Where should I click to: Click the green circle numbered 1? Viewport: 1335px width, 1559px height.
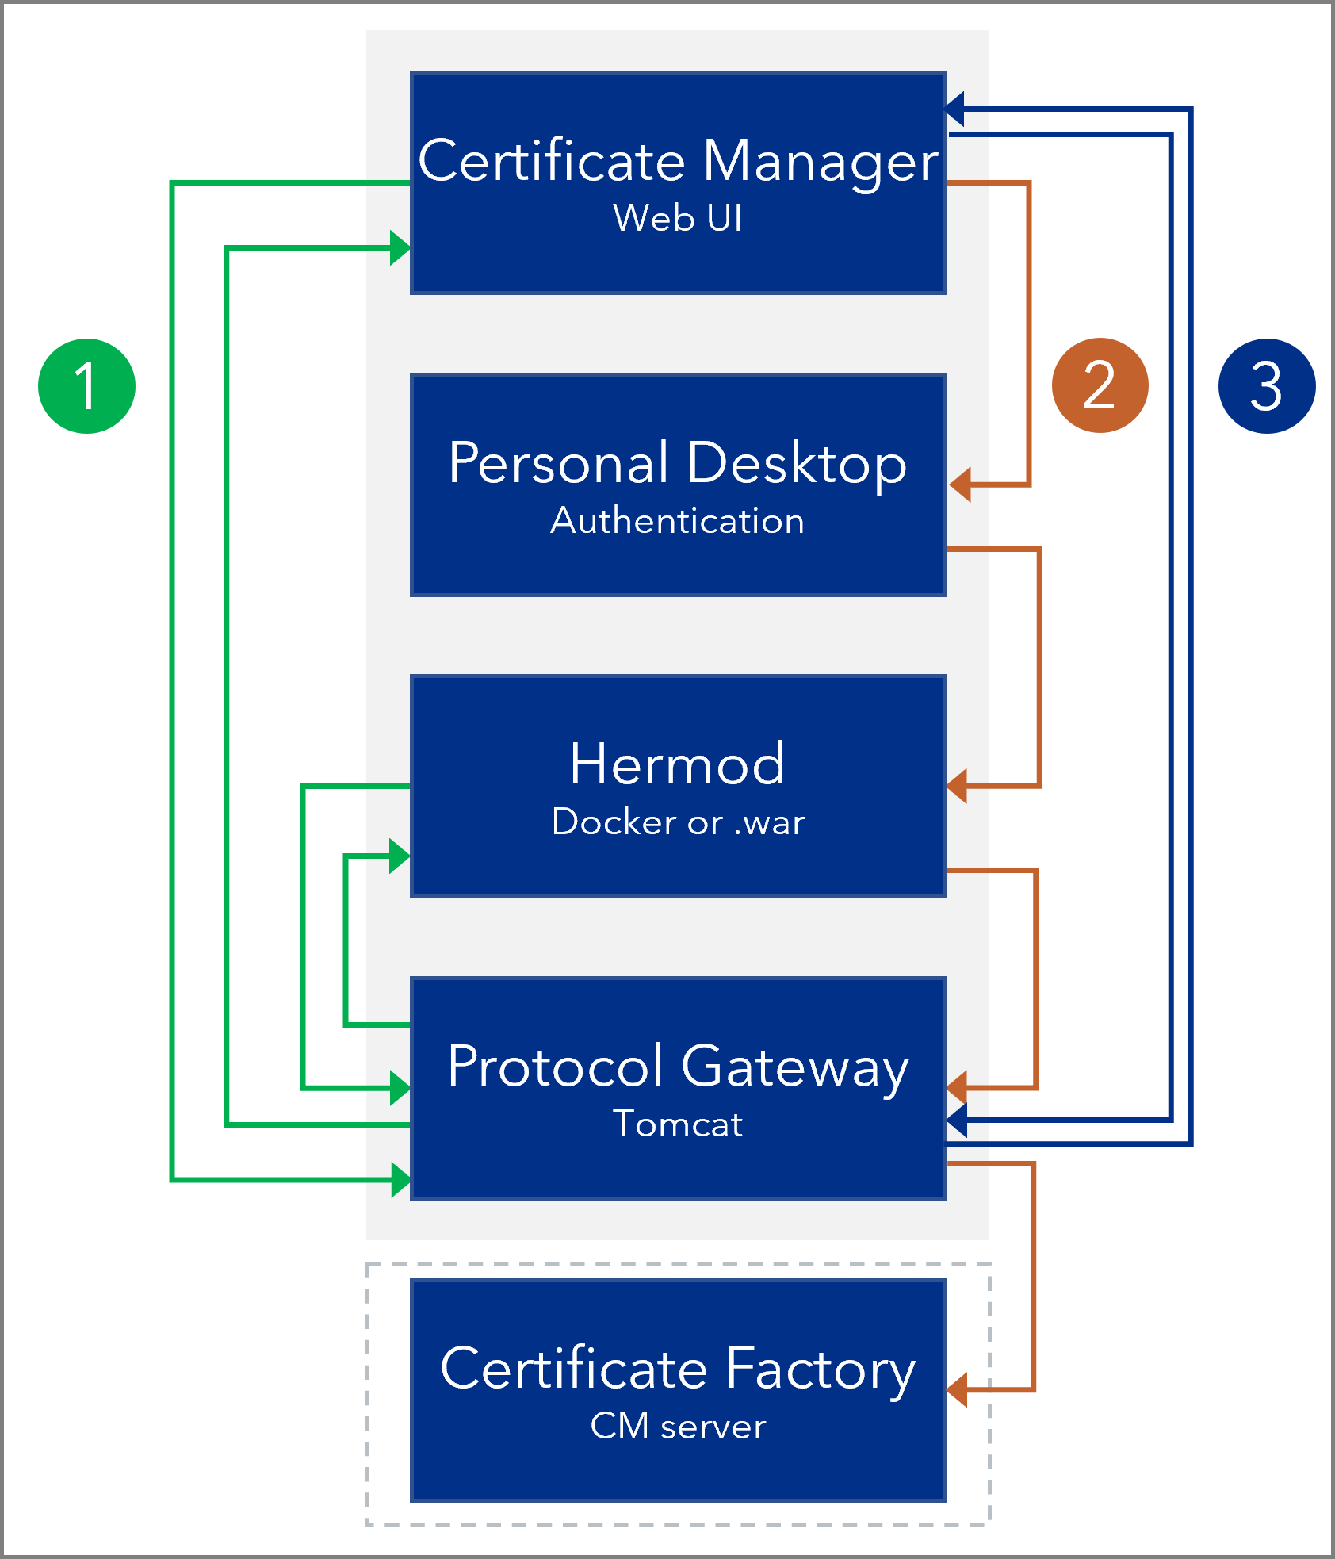coord(86,386)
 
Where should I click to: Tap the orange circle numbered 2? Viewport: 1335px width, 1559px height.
coord(1100,385)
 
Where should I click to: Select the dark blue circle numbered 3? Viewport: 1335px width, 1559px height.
coord(1266,386)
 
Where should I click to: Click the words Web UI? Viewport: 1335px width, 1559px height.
coord(678,218)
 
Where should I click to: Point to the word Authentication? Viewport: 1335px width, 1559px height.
coord(678,521)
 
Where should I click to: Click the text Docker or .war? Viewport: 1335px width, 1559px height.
coord(678,822)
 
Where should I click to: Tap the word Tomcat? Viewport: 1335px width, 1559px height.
coord(678,1124)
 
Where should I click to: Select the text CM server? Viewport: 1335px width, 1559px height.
coord(678,1427)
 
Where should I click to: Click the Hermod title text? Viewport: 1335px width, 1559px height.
coord(678,764)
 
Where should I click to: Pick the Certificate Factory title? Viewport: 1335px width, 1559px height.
coord(678,1369)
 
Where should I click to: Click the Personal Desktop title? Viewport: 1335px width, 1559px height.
coord(678,463)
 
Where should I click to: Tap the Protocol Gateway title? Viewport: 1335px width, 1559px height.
coord(678,1067)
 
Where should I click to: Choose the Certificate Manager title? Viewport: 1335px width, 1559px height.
coord(678,161)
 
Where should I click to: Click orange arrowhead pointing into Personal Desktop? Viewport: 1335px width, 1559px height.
coord(960,484)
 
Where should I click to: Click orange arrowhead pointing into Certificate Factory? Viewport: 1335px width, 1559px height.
coord(958,1390)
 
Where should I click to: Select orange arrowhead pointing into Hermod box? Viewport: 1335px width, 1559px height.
coord(958,786)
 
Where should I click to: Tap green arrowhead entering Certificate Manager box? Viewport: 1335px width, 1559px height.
coord(400,248)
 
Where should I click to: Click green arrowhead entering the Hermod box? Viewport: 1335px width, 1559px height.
coord(400,856)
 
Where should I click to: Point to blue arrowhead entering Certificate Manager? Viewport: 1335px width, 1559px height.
coord(955,109)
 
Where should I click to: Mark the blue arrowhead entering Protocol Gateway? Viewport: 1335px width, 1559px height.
coord(958,1120)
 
